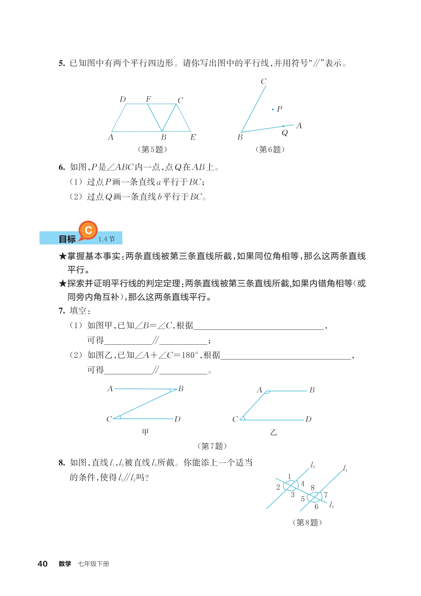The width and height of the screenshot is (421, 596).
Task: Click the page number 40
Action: click(x=43, y=563)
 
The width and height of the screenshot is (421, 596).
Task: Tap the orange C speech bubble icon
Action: click(x=88, y=230)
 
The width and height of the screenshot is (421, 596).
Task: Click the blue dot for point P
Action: click(x=273, y=109)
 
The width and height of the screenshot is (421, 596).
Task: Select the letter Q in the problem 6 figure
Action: click(x=285, y=133)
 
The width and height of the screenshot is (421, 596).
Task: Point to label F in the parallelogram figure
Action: click(x=148, y=99)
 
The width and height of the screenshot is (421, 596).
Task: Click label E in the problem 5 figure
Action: click(x=193, y=137)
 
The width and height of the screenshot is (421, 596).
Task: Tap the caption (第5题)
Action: click(x=152, y=149)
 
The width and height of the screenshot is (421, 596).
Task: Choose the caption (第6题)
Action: click(x=270, y=149)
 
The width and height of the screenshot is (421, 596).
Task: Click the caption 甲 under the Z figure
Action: click(x=145, y=432)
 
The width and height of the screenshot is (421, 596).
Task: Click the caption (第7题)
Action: click(x=212, y=446)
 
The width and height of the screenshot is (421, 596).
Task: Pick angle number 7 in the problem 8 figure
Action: click(x=326, y=495)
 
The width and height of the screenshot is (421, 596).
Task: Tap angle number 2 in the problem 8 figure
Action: click(x=278, y=487)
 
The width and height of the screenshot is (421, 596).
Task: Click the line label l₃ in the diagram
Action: click(x=331, y=505)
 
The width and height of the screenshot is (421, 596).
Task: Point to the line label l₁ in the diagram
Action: click(x=345, y=468)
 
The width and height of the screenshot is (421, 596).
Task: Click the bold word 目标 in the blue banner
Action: click(x=67, y=239)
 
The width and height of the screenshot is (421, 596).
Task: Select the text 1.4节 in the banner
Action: click(x=107, y=239)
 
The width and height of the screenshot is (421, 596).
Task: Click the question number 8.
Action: click(x=62, y=463)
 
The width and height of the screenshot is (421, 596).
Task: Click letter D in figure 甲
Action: click(x=177, y=419)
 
